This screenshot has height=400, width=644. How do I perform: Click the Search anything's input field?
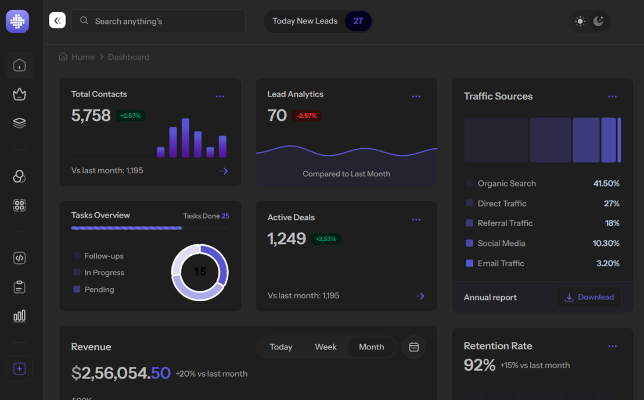[158, 21]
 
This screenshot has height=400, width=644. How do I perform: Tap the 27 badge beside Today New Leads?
[358, 21]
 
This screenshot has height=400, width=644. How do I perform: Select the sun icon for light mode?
[580, 22]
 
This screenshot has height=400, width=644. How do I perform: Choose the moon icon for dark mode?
[598, 21]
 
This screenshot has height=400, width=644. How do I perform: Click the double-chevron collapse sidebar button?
[57, 20]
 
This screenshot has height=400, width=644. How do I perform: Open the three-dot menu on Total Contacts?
[220, 97]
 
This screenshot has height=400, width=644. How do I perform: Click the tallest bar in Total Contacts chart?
[185, 138]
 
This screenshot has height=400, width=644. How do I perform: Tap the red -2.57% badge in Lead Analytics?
[307, 116]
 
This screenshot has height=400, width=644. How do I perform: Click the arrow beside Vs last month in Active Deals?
[420, 296]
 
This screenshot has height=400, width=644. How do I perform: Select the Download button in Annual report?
[589, 297]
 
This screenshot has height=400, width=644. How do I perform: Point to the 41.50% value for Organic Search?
[606, 183]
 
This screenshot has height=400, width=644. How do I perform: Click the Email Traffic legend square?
[469, 263]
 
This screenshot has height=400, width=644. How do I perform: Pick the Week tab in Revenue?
[326, 347]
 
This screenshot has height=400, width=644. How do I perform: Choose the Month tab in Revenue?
[371, 347]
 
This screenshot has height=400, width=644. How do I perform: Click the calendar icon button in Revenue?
[413, 347]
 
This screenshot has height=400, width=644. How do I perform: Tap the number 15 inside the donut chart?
[200, 272]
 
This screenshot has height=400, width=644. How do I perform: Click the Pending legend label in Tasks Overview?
[99, 290]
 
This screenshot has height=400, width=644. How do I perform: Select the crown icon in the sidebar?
[19, 94]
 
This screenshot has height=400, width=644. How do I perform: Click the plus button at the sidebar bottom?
[19, 369]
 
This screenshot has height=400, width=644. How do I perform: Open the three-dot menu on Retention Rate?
[613, 346]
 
